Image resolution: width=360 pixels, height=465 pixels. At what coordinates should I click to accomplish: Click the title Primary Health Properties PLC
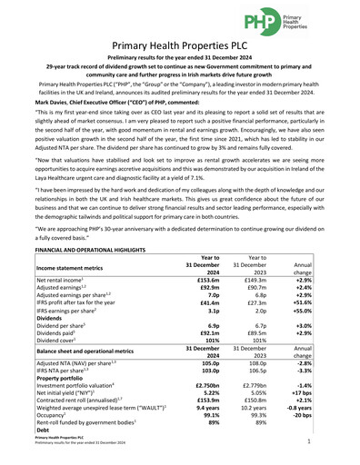180,46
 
